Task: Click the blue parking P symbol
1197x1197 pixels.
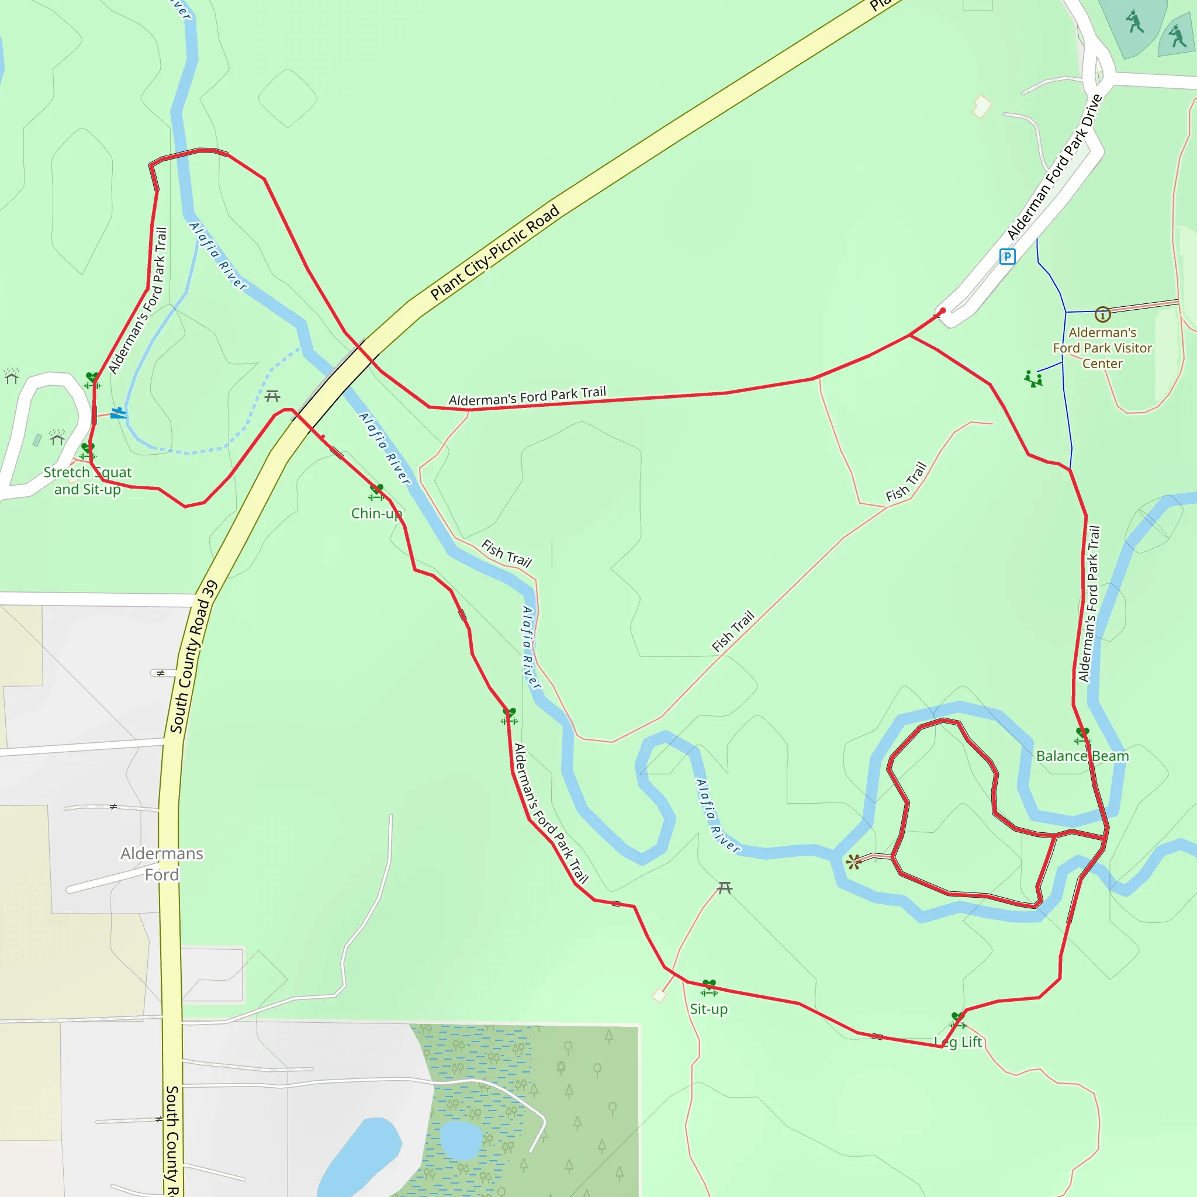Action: pos(1008,256)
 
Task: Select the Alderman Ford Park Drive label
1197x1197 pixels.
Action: pos(1054,167)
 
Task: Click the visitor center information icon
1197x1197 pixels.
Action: pos(1102,315)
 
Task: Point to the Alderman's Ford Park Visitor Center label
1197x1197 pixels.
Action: pos(1102,348)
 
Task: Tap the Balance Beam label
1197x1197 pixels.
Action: pos(1082,756)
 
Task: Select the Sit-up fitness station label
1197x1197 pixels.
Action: pos(709,1009)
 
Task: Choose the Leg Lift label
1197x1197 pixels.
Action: pos(959,1042)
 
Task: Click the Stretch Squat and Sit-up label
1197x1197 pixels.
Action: pos(87,481)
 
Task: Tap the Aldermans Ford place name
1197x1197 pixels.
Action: pos(162,864)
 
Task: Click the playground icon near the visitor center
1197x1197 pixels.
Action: pos(1033,379)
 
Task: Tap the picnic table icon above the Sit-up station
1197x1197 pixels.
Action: pos(724,888)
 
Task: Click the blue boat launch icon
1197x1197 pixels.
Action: pos(118,413)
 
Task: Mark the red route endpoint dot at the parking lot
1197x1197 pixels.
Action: pos(943,310)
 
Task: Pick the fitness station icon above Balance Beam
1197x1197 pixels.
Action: pos(1082,735)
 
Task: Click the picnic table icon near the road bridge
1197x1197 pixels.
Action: pos(272,396)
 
